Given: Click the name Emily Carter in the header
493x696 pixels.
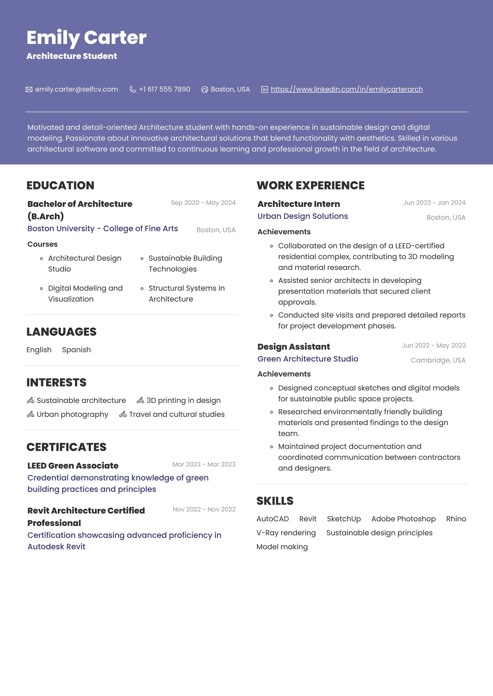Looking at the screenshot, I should coord(87,38).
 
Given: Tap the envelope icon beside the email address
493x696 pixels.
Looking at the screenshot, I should coord(29,89).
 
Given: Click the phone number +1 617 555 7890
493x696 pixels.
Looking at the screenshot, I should coord(164,89).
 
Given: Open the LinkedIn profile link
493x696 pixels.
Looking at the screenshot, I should coord(347,89).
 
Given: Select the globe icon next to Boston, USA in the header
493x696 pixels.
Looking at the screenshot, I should coord(205,89).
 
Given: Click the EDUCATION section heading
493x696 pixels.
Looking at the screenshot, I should coord(60,185).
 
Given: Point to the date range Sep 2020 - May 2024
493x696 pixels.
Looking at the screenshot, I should coord(203,203).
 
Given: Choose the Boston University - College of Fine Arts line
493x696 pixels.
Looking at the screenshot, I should coord(103,228).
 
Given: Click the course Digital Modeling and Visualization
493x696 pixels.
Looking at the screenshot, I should coord(85,293).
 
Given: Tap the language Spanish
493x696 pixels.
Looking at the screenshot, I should coord(76,350).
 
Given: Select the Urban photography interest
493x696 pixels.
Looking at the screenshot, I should coord(72,414).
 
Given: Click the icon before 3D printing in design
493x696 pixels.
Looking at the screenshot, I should coord(140,400).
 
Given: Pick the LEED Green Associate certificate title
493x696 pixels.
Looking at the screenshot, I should coord(73,466).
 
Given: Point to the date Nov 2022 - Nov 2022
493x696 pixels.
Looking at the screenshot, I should coord(204,509).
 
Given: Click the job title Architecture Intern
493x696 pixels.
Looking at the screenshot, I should coord(298,204).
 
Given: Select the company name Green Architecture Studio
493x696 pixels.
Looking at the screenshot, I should coord(307,359).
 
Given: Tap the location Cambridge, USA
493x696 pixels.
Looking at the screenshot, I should coord(438,360).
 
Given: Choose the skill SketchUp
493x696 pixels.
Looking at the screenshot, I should coord(344,519).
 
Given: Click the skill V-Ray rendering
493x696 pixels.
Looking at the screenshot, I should coord(286,533).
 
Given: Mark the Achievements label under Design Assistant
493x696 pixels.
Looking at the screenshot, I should coord(284,374).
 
